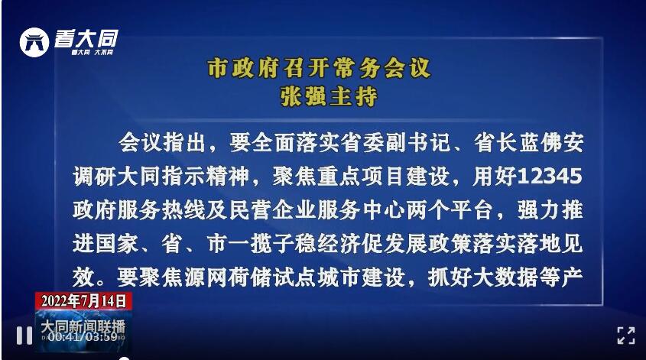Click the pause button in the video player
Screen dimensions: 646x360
(x=24, y=336)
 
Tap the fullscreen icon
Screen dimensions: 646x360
(x=626, y=336)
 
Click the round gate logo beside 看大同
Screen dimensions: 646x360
(x=34, y=42)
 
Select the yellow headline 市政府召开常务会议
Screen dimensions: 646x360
(x=320, y=68)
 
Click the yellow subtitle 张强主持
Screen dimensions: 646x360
(x=329, y=97)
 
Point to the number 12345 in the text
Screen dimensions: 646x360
(x=549, y=177)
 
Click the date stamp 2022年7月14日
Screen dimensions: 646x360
(x=83, y=300)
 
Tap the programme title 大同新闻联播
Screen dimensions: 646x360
(x=83, y=327)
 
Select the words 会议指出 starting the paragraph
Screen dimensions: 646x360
(x=162, y=143)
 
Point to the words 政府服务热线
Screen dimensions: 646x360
(x=138, y=210)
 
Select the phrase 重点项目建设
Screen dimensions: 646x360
(x=382, y=177)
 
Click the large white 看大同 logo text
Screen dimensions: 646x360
(x=86, y=39)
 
